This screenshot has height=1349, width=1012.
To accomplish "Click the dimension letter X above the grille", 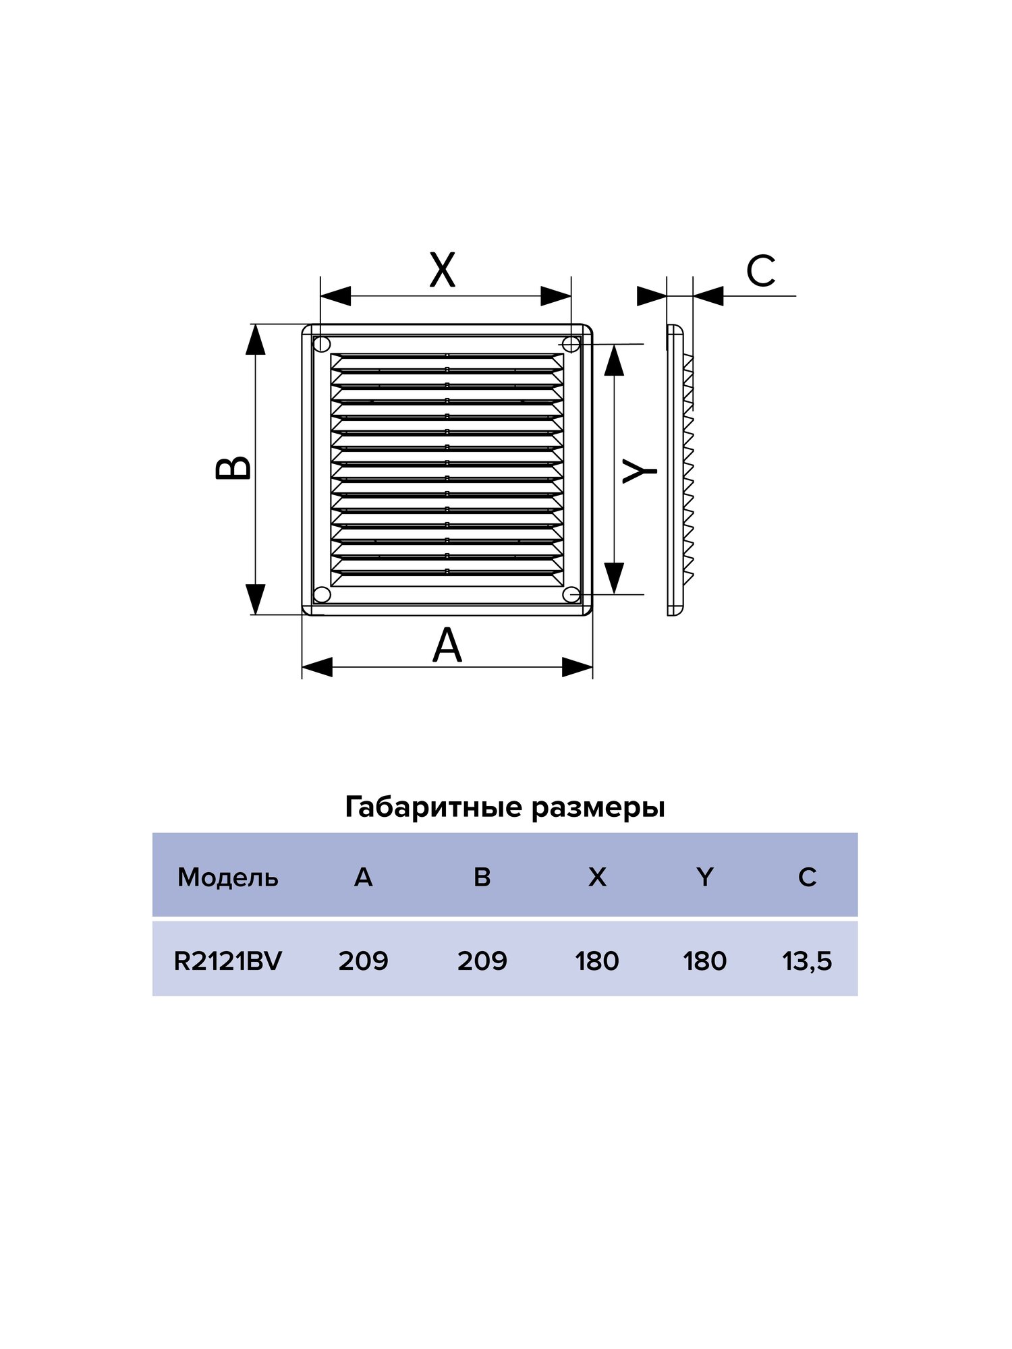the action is pyautogui.click(x=443, y=270).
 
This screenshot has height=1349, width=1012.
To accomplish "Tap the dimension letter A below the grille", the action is pyautogui.click(x=447, y=645).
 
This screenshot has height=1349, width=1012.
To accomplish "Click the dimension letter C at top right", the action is pyautogui.click(x=760, y=271).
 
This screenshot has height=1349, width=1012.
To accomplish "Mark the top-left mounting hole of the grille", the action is pyautogui.click(x=322, y=344).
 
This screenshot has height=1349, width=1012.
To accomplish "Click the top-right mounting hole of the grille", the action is pyautogui.click(x=571, y=344).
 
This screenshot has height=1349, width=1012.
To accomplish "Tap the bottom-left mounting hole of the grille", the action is pyautogui.click(x=322, y=594).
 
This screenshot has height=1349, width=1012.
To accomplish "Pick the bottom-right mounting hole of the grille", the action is pyautogui.click(x=571, y=594).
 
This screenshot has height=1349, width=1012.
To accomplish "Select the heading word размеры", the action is pyautogui.click(x=598, y=807).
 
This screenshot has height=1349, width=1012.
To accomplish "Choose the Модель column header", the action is pyautogui.click(x=227, y=878).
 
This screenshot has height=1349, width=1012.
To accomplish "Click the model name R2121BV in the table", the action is pyautogui.click(x=227, y=961).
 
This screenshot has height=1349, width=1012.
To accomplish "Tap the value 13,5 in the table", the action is pyautogui.click(x=807, y=961).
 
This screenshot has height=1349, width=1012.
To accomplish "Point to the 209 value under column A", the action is pyautogui.click(x=363, y=961).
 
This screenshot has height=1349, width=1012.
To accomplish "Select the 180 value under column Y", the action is pyautogui.click(x=704, y=961).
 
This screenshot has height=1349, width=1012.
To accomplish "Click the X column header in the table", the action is pyautogui.click(x=597, y=878).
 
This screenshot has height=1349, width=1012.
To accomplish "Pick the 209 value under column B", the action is pyautogui.click(x=482, y=961).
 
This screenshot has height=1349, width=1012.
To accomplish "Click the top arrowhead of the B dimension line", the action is pyautogui.click(x=255, y=339).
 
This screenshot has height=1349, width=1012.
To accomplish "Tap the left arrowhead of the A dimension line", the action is pyautogui.click(x=317, y=667).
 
